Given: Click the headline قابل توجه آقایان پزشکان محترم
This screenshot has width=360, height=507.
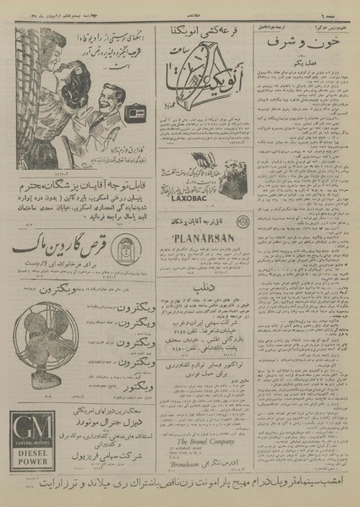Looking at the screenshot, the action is [x=72, y=207].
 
